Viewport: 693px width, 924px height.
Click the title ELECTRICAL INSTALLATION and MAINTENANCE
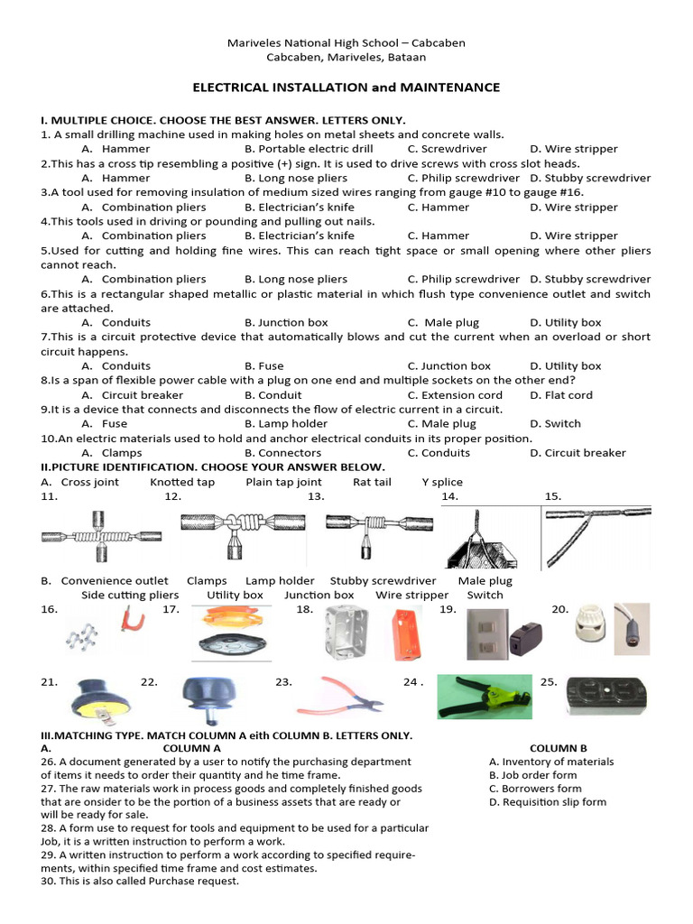click(x=346, y=88)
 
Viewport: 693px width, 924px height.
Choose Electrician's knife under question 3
click(x=295, y=207)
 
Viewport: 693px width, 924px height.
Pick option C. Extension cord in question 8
click(x=455, y=394)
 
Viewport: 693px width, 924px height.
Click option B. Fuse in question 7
click(x=264, y=365)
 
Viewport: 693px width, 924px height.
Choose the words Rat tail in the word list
click(x=372, y=482)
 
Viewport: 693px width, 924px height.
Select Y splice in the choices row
click(x=442, y=482)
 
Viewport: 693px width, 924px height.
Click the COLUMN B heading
click(x=558, y=748)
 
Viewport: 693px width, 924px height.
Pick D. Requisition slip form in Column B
click(x=548, y=801)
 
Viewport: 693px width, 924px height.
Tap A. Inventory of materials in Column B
click(x=551, y=762)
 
